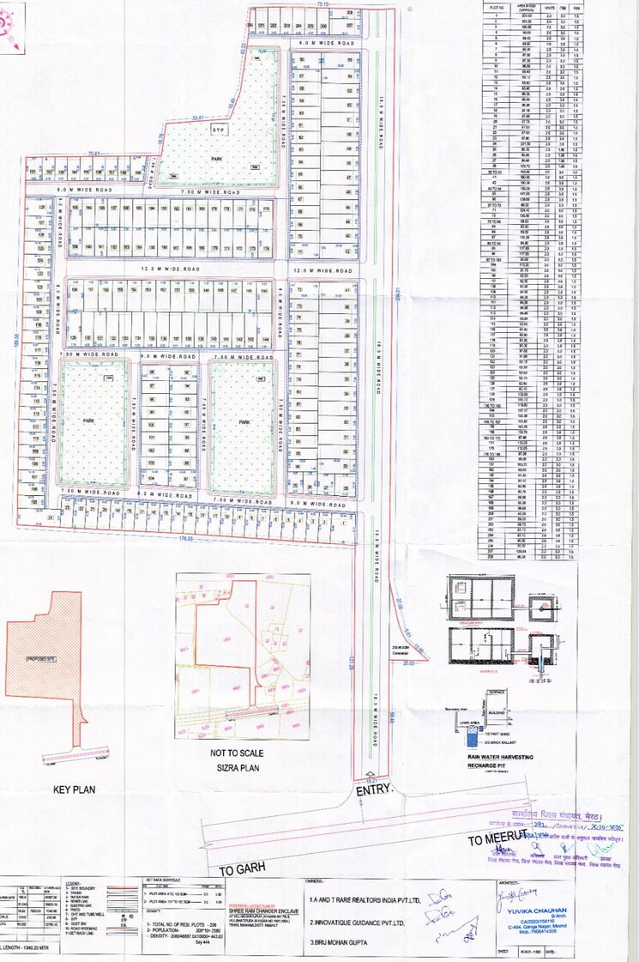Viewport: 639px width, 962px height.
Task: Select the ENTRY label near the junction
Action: tap(373, 788)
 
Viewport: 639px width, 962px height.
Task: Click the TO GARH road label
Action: tap(238, 870)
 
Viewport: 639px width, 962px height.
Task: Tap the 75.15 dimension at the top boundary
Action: tap(323, 6)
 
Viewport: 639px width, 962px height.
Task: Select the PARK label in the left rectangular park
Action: tap(88, 422)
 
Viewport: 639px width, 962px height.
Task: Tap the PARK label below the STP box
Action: tap(218, 160)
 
